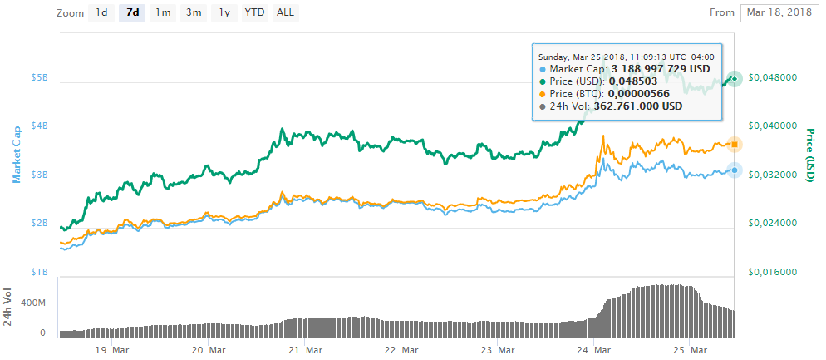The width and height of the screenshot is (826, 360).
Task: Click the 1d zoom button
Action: (x=101, y=12)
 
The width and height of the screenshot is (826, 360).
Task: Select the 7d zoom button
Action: (x=132, y=12)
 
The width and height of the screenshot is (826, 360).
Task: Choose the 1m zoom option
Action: (x=163, y=12)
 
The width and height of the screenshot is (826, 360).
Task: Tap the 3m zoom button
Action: (x=194, y=12)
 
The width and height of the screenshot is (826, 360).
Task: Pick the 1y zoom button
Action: (x=224, y=12)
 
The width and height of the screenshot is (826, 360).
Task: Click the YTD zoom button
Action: (x=254, y=12)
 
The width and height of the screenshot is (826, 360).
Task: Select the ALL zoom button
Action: (x=285, y=12)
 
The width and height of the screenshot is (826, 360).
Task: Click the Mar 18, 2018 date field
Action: (x=779, y=12)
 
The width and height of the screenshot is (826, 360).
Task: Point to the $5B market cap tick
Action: (x=40, y=78)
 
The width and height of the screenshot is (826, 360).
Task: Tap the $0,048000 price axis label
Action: (x=774, y=77)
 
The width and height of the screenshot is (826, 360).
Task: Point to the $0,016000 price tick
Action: (x=774, y=272)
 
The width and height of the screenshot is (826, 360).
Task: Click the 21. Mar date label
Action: (x=305, y=351)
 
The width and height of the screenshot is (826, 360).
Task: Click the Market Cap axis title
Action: (x=15, y=154)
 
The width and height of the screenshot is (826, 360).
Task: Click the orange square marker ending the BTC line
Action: (x=735, y=145)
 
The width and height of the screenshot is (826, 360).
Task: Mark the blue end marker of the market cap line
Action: (x=735, y=170)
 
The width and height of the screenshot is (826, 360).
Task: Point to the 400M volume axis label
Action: (x=33, y=304)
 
